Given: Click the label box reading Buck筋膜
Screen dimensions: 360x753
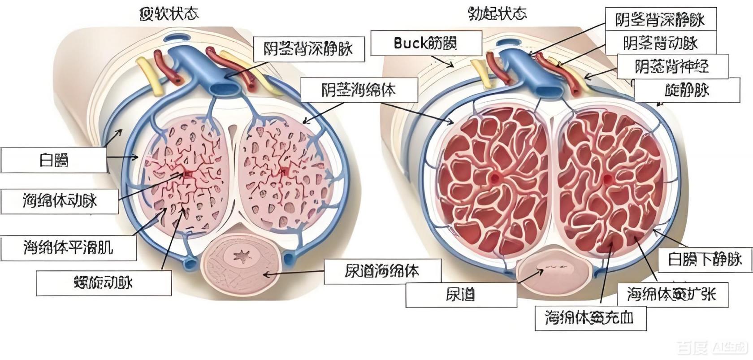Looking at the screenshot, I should [426, 43].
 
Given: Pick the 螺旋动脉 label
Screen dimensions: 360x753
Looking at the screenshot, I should [104, 283].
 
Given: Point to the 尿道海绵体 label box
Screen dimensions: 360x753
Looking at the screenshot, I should [382, 271].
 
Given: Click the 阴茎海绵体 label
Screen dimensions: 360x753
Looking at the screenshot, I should [359, 90].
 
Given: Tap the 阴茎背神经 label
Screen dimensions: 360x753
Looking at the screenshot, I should [672, 67].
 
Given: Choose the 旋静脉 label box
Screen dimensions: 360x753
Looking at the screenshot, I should [687, 91].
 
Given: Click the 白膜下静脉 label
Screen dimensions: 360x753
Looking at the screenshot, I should [705, 260].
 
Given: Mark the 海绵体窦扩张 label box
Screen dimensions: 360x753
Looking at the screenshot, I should [671, 295].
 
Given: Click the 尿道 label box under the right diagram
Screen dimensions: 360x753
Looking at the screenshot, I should [461, 295].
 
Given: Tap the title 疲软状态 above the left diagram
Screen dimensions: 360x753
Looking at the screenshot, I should [169, 14].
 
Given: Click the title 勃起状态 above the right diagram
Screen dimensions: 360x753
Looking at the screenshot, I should [497, 14].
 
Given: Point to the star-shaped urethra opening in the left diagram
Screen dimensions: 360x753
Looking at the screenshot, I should [242, 257].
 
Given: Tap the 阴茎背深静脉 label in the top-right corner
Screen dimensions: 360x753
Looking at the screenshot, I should [660, 19].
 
